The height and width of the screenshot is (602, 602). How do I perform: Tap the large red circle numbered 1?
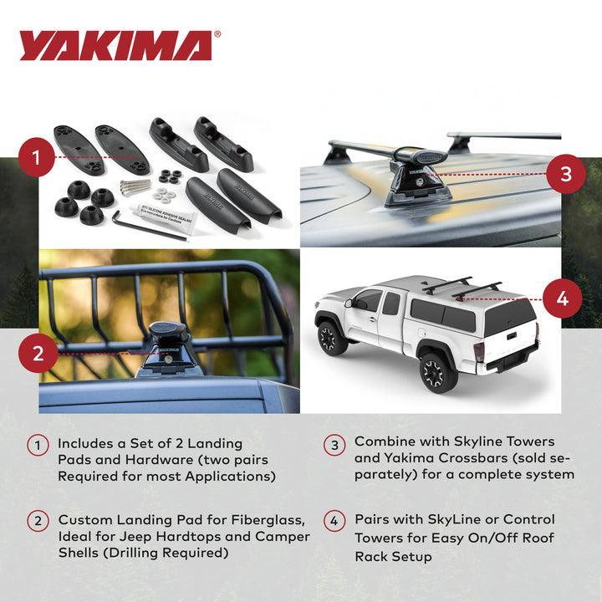click(x=37, y=156)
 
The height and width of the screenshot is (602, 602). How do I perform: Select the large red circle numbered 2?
click(x=37, y=353)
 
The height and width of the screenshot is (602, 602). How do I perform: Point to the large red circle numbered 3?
click(x=566, y=174)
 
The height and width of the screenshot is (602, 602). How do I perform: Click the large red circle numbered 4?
click(x=562, y=298)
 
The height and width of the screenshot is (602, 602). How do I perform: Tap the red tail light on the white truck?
click(x=478, y=352)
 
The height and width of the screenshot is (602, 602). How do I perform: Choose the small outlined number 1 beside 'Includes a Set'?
click(x=38, y=445)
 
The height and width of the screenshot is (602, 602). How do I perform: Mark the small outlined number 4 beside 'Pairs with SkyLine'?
click(x=334, y=520)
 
